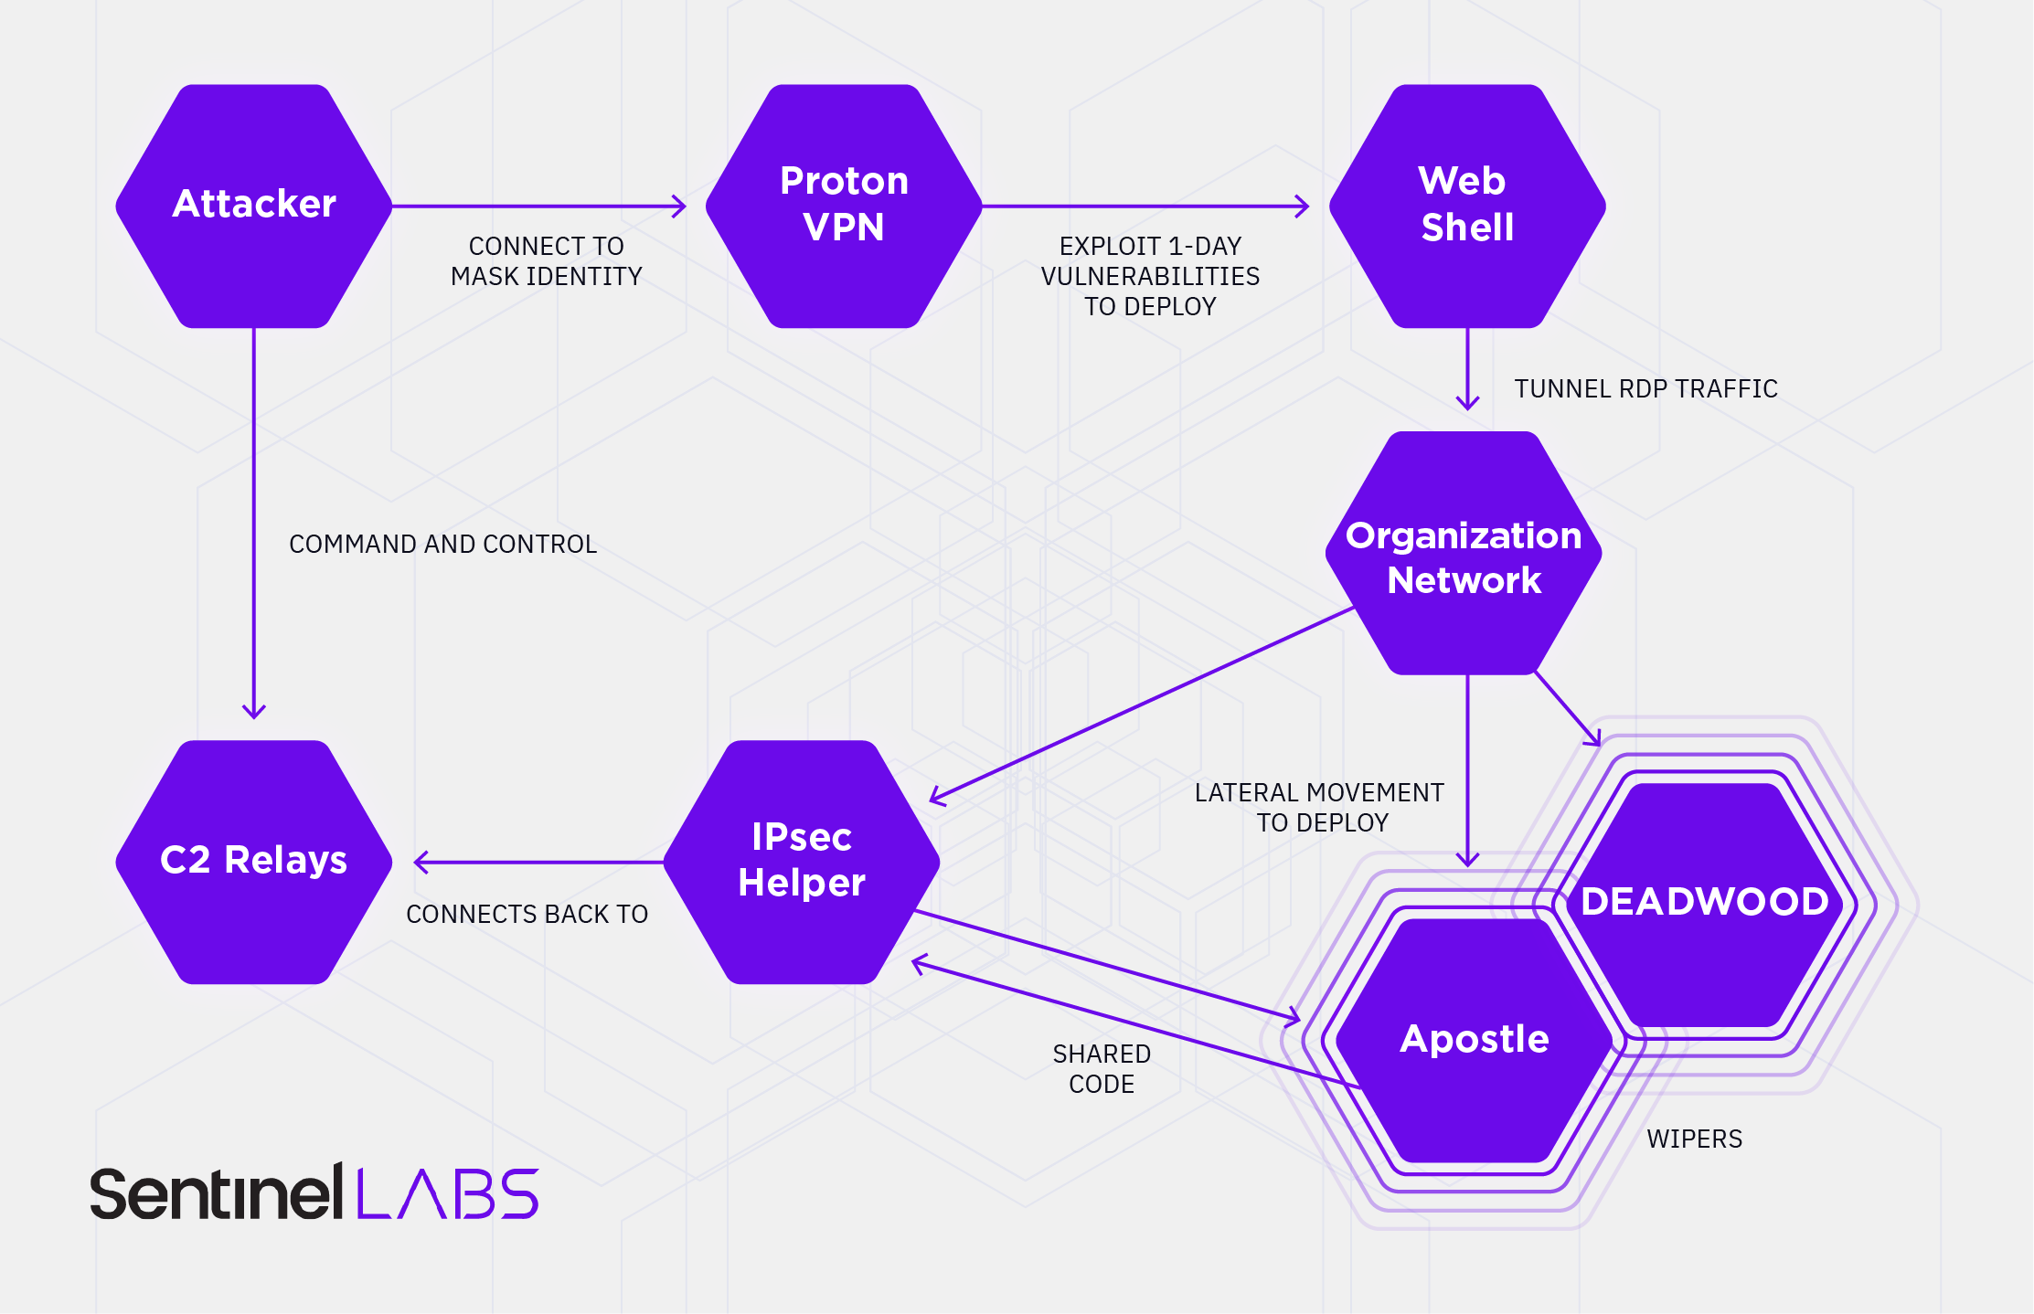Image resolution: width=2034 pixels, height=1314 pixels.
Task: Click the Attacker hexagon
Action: pos(254,206)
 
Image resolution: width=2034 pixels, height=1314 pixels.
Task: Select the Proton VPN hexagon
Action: pos(844,206)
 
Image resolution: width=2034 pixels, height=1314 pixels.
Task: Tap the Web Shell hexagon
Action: pos(1467,206)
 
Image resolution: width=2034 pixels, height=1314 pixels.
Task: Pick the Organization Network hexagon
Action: pos(1464,554)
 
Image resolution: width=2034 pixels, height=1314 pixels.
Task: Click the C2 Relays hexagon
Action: pos(254,861)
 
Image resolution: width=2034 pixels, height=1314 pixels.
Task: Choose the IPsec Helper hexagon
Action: pos(802,861)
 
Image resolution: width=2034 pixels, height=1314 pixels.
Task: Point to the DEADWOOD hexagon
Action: pos(1705,903)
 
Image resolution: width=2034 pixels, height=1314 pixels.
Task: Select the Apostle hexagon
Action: pos(1475,1040)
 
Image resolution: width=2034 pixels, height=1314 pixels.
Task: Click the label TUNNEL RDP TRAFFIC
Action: pos(1645,389)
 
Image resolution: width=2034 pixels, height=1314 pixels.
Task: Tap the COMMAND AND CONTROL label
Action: pos(442,545)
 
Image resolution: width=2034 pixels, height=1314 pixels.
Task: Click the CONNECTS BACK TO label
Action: pos(527,915)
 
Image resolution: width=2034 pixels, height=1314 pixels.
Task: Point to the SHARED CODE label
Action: pos(1102,1069)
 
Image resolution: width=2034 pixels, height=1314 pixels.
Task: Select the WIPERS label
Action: pos(1694,1139)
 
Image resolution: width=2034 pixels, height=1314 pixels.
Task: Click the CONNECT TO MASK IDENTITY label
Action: pos(546,261)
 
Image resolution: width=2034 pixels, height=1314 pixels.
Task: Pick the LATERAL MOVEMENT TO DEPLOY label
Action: pos(1319,808)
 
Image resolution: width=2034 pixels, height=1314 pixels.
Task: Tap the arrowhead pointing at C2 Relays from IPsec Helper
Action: pos(421,862)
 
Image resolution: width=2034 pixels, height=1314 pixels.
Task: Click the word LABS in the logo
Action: pos(447,1193)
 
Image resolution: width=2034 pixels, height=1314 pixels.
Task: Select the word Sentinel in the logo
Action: pos(216,1193)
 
